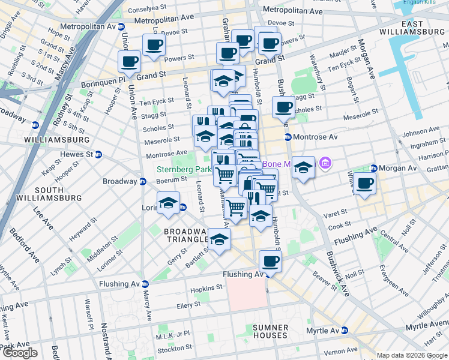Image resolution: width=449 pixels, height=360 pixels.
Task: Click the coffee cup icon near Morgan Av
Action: tap(364, 184)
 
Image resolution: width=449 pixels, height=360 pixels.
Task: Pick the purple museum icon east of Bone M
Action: tap(325, 163)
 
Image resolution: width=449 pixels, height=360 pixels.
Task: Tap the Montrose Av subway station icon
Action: tap(288, 137)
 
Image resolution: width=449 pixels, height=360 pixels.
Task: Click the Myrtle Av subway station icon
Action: tap(345, 331)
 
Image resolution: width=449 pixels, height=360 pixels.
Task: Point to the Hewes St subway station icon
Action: tap(100, 155)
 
